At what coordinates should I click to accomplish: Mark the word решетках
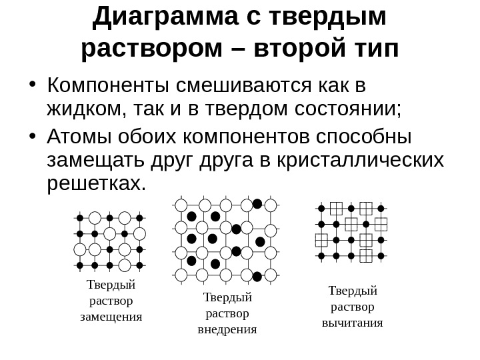click(x=96, y=183)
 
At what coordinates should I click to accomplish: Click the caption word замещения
click(x=111, y=316)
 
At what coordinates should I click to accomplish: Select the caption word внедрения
click(x=227, y=329)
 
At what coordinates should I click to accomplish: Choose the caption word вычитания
click(x=353, y=323)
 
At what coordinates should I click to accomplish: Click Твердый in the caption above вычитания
click(x=353, y=291)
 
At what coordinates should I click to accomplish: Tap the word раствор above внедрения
click(x=227, y=313)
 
